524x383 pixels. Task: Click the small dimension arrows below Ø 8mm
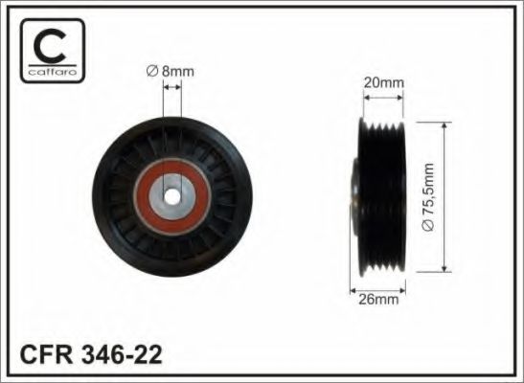(173, 88)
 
